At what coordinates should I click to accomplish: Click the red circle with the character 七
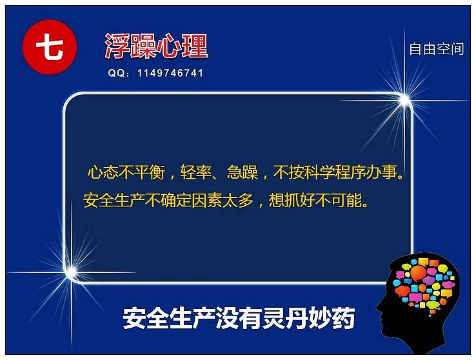point(50,47)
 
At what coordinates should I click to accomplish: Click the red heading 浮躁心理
point(156,46)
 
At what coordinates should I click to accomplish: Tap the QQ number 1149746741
point(170,73)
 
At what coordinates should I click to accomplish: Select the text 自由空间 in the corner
point(437,49)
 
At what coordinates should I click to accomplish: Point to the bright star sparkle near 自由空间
point(404,100)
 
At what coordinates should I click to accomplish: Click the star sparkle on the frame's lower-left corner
point(72,272)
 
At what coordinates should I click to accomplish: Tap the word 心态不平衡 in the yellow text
point(126,172)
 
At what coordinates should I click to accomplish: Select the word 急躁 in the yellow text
point(243,172)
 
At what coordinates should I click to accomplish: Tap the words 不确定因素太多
point(199,201)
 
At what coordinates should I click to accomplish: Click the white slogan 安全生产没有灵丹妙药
point(239,318)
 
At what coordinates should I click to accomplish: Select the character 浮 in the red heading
point(117,46)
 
